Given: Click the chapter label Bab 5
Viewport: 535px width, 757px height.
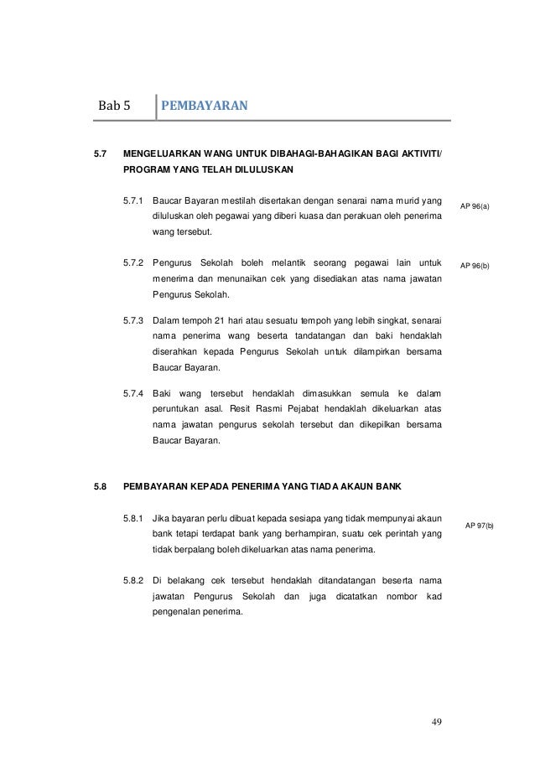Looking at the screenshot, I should point(115,106).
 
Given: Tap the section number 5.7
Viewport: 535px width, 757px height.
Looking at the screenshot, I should point(101,154).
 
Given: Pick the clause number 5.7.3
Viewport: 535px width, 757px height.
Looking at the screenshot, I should point(133,321).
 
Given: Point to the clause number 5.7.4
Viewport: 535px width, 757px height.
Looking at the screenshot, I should point(133,393).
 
